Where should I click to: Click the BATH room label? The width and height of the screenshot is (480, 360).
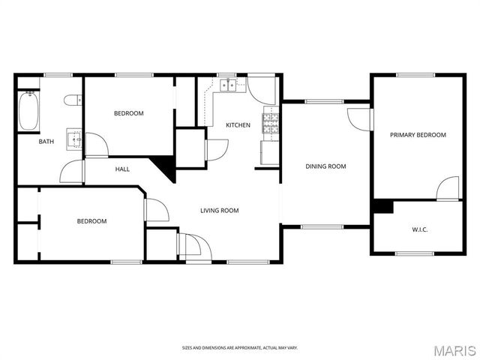(x=46, y=142)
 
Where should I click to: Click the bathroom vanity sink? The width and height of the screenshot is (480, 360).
(x=73, y=137)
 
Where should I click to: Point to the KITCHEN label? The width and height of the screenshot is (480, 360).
(x=238, y=124)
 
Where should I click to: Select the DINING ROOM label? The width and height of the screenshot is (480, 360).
(x=325, y=166)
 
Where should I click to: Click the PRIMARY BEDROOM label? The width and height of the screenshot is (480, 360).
(x=418, y=135)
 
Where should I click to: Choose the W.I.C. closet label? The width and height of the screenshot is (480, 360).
(x=420, y=229)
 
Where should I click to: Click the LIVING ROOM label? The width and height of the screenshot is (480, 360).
(x=219, y=211)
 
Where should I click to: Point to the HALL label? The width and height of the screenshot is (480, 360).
(x=122, y=169)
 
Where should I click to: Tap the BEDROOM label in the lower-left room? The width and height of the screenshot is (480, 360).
(x=91, y=221)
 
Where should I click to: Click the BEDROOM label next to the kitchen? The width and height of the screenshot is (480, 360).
(x=128, y=113)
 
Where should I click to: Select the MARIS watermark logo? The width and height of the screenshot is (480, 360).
(x=454, y=349)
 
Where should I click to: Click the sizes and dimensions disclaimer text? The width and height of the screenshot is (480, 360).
(x=239, y=348)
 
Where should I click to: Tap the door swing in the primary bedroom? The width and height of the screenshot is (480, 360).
(x=447, y=188)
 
